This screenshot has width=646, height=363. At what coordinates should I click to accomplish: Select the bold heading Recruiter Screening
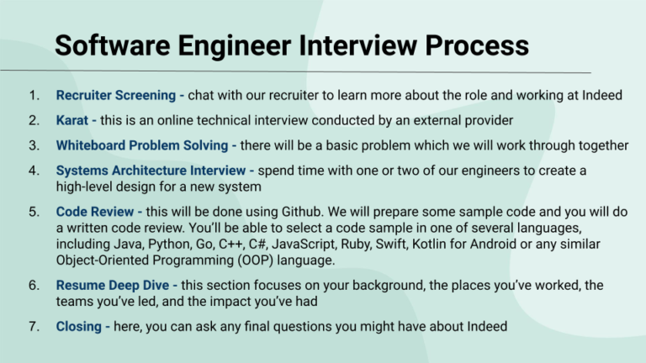[x=119, y=95]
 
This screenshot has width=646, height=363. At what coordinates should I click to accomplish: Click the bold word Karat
[x=72, y=120]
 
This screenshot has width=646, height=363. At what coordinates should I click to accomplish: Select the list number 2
[x=34, y=120]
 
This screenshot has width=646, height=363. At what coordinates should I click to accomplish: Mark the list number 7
[x=34, y=325]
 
